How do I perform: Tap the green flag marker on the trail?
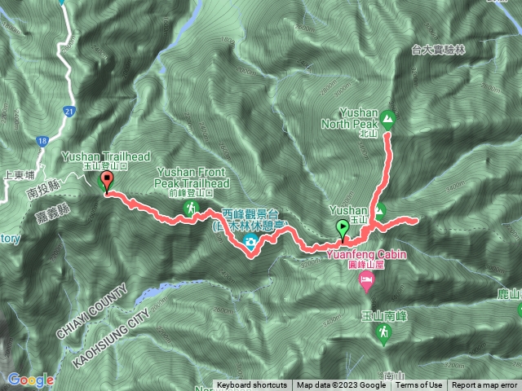pyautogui.click(x=343, y=229)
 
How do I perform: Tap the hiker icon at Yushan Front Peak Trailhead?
pyautogui.click(x=191, y=209)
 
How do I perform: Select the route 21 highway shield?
pyautogui.click(x=68, y=111)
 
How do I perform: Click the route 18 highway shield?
pyautogui.click(x=42, y=142)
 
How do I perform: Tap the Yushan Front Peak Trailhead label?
pyautogui.click(x=188, y=178)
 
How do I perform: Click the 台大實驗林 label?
pyautogui.click(x=439, y=51)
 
